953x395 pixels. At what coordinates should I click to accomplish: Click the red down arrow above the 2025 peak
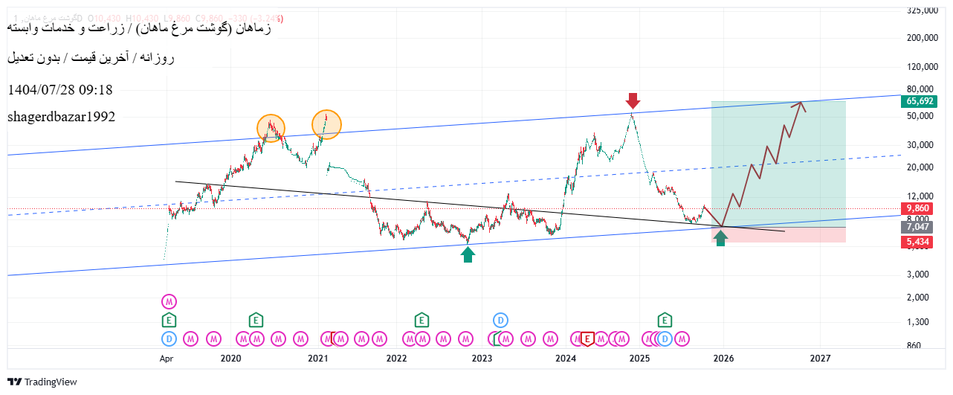pyautogui.click(x=632, y=100)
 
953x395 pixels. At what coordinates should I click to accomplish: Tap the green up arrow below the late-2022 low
pyautogui.click(x=468, y=254)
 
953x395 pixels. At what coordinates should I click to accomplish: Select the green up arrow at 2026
pyautogui.click(x=720, y=238)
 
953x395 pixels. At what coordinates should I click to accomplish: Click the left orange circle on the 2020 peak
pyautogui.click(x=271, y=128)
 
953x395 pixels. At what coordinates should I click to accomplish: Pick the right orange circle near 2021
pyautogui.click(x=326, y=124)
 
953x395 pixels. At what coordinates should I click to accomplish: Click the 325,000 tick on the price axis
pyautogui.click(x=923, y=10)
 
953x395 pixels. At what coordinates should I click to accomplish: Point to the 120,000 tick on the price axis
pyautogui.click(x=923, y=66)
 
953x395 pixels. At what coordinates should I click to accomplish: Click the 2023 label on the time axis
pyautogui.click(x=482, y=359)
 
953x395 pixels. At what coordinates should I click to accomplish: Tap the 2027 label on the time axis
pyautogui.click(x=820, y=359)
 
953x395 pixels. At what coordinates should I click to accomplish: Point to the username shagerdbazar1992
pyautogui.click(x=62, y=117)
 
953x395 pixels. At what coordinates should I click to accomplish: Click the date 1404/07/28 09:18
pyautogui.click(x=60, y=90)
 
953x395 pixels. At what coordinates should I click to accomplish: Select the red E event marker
pyautogui.click(x=587, y=339)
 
